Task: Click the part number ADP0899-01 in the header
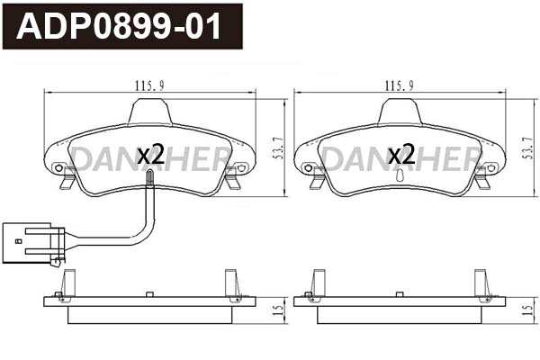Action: (120, 27)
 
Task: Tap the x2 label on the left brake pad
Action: (150, 155)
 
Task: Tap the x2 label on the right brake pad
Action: (400, 155)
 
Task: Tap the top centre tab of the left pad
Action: (150, 112)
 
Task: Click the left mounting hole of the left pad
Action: (59, 167)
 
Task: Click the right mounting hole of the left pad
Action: (241, 167)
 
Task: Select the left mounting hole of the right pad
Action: (309, 167)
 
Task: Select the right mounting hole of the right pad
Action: (490, 167)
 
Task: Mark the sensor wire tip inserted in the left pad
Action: (149, 181)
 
